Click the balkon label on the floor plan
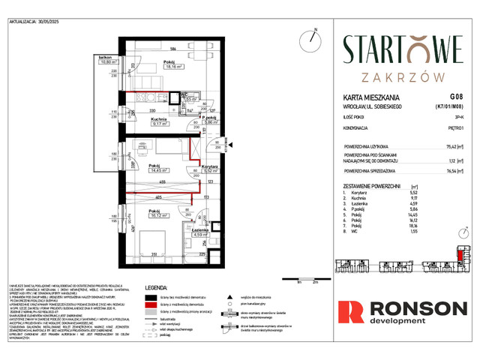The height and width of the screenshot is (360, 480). coord(105,58)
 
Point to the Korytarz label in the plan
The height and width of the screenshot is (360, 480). coord(211,166)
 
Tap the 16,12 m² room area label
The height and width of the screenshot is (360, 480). coord(159,214)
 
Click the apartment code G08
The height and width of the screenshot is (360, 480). coord(455,97)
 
